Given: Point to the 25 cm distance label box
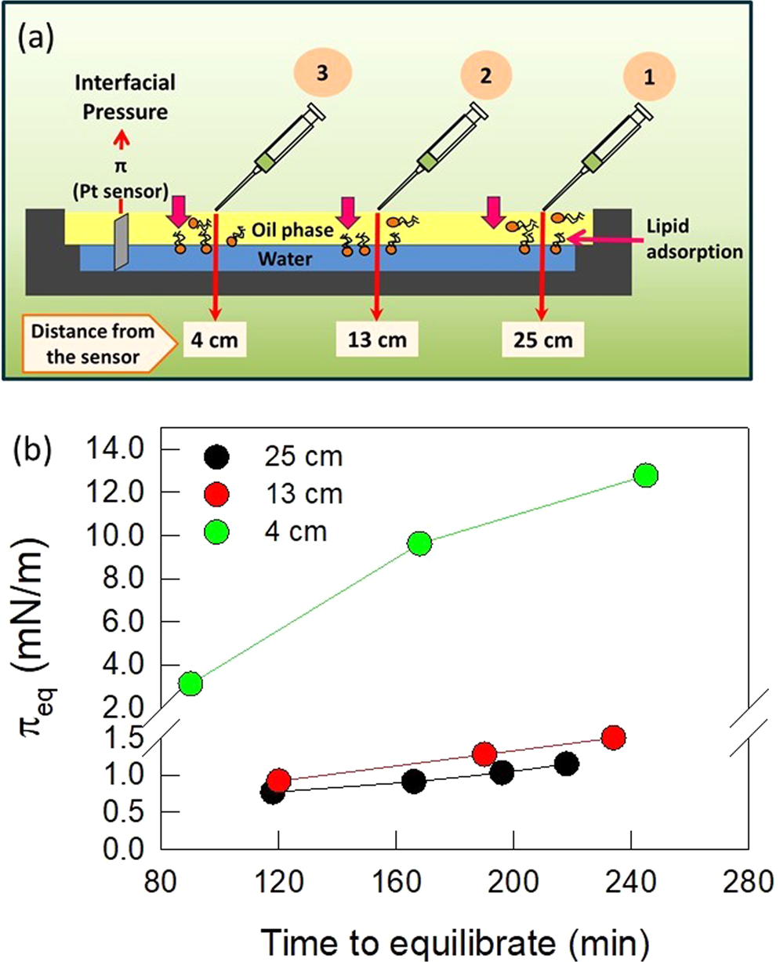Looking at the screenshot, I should click(543, 340).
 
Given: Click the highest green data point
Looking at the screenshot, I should click(646, 475).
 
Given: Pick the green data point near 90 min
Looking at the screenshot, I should click(190, 684).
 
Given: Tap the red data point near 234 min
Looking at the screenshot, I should click(613, 737).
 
